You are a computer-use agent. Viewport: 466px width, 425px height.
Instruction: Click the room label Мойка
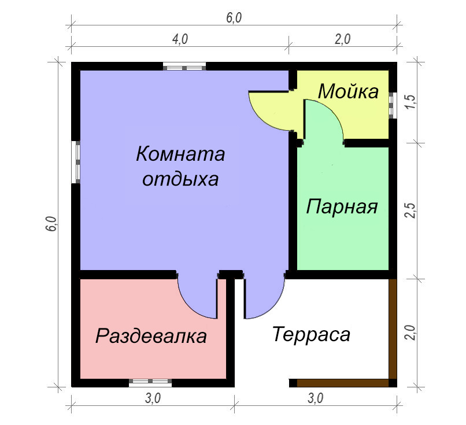tap(348, 91)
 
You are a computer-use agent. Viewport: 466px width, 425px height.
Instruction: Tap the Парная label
tap(342, 206)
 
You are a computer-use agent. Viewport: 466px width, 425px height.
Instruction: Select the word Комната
tap(180, 154)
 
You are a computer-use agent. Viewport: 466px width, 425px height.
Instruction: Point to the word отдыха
tap(180, 179)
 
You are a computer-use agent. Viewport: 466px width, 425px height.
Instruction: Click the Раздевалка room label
tap(151, 336)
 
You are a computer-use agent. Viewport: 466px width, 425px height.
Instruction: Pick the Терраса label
tap(311, 334)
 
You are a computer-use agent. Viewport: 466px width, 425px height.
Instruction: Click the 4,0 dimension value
tap(180, 39)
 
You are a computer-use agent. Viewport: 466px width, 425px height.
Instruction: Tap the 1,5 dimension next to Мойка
tap(411, 102)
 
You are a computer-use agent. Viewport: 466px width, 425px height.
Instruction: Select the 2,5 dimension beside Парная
tap(411, 210)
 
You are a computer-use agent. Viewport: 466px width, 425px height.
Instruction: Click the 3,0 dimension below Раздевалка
tap(153, 398)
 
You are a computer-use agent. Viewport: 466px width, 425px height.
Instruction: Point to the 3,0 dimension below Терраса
tap(315, 398)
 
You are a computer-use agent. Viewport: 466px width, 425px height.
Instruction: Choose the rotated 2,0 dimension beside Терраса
tap(411, 332)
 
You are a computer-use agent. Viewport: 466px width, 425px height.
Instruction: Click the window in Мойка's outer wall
tap(392, 105)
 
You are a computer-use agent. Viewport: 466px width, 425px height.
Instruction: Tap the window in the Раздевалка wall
tap(150, 382)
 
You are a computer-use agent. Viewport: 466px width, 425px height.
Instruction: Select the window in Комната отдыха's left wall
tap(76, 162)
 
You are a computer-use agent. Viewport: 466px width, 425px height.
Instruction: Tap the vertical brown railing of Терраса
tap(393, 329)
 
